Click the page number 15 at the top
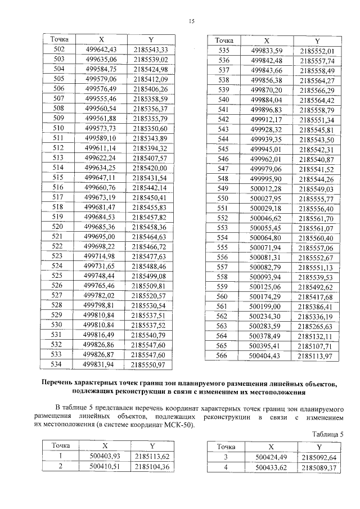click(x=191, y=21)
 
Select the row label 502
click(x=58, y=49)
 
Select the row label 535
click(x=224, y=51)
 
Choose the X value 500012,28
click(x=266, y=188)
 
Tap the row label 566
click(x=224, y=355)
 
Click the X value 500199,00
click(x=266, y=307)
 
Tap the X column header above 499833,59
click(x=267, y=41)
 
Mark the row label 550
click(x=224, y=198)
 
